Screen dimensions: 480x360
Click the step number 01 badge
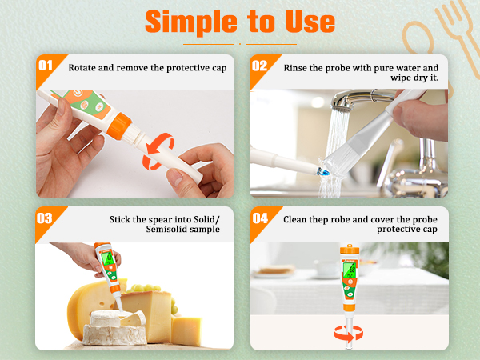click(46, 66)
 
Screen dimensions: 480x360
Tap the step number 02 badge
click(259, 66)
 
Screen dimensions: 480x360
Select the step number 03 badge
click(45, 218)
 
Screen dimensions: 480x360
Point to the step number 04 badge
click(260, 218)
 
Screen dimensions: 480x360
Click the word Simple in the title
click(191, 22)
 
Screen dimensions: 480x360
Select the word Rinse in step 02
click(295, 68)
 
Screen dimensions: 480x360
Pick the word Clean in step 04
click(294, 219)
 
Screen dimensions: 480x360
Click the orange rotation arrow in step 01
click(158, 151)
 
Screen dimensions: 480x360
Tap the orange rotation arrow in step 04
click(348, 334)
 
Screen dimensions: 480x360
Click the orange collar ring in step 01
click(119, 126)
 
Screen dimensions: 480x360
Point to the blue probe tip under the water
click(323, 171)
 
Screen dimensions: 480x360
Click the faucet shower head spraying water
click(341, 104)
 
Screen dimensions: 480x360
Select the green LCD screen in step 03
click(108, 258)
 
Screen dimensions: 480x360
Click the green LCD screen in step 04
click(350, 270)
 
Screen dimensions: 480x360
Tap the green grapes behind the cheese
click(143, 288)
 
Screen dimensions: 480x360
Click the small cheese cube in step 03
click(186, 331)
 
